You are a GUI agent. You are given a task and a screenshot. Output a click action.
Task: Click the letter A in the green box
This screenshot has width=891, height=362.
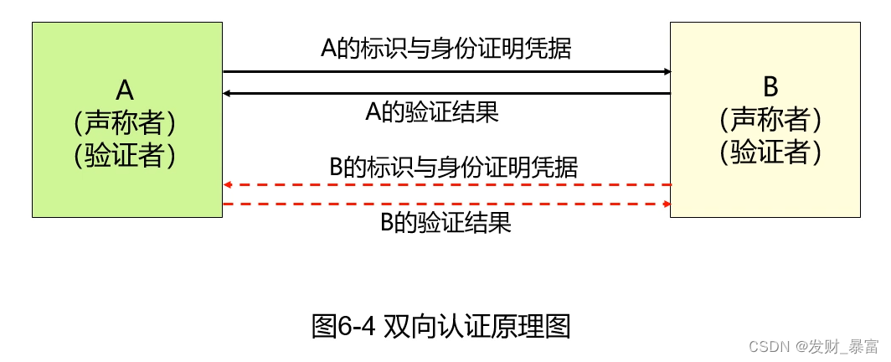pyautogui.click(x=126, y=91)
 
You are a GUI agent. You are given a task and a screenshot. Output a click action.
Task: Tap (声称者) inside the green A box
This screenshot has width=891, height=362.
pyautogui.click(x=126, y=123)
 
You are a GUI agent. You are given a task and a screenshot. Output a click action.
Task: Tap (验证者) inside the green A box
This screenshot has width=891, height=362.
pyautogui.click(x=126, y=155)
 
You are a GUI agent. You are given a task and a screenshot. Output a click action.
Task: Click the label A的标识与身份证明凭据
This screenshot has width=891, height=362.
pyautogui.click(x=445, y=48)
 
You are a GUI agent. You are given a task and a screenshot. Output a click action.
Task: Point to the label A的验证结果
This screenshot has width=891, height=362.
pyautogui.click(x=432, y=111)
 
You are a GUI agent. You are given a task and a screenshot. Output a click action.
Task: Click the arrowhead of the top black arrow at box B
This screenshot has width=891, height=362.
pyautogui.click(x=667, y=72)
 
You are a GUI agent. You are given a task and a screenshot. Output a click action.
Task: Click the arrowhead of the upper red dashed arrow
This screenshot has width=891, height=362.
pyautogui.click(x=228, y=184)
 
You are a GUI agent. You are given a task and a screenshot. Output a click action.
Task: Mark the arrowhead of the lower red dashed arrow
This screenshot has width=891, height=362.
pyautogui.click(x=667, y=204)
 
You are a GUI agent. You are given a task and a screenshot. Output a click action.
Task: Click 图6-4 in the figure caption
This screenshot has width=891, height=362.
pyautogui.click(x=343, y=326)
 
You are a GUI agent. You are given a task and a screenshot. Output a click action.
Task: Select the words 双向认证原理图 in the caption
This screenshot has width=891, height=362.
pyautogui.click(x=476, y=326)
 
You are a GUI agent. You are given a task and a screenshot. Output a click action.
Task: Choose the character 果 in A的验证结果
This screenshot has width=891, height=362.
pyautogui.click(x=487, y=111)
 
